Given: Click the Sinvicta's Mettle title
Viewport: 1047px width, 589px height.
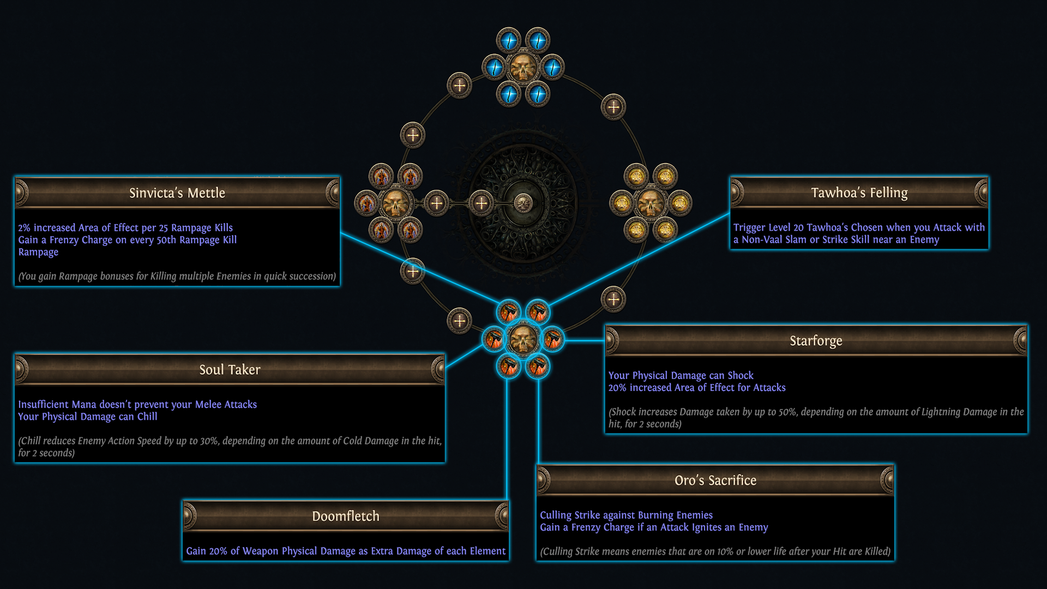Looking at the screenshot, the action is (177, 193).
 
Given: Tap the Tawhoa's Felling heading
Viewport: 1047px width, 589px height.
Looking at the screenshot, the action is (859, 193).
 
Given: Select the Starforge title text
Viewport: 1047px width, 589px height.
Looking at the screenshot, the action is (816, 341).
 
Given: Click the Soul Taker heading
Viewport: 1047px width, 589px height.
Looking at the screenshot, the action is (230, 370).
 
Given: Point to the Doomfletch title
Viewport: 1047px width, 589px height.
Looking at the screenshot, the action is (346, 516).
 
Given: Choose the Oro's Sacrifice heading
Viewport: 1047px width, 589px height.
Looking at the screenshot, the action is (715, 480).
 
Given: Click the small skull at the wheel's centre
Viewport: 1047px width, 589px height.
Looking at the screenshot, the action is (523, 203).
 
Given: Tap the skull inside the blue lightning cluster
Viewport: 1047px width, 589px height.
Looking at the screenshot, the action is (523, 68).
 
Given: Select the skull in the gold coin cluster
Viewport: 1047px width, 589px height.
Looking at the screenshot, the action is (651, 203).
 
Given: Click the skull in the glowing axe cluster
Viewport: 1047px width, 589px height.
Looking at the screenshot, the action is (523, 339).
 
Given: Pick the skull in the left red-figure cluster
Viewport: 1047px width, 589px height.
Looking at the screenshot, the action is (395, 203).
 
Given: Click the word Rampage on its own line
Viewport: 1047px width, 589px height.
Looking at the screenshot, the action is (38, 252).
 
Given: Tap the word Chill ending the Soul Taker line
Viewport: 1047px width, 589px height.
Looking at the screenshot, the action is (147, 417).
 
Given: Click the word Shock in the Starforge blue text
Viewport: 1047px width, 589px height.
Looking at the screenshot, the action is (741, 375).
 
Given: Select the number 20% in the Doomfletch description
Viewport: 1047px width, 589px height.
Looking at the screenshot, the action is (218, 551).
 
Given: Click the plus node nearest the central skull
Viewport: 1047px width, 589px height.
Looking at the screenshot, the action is (481, 203).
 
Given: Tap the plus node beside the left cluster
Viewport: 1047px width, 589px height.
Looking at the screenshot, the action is (436, 203).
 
